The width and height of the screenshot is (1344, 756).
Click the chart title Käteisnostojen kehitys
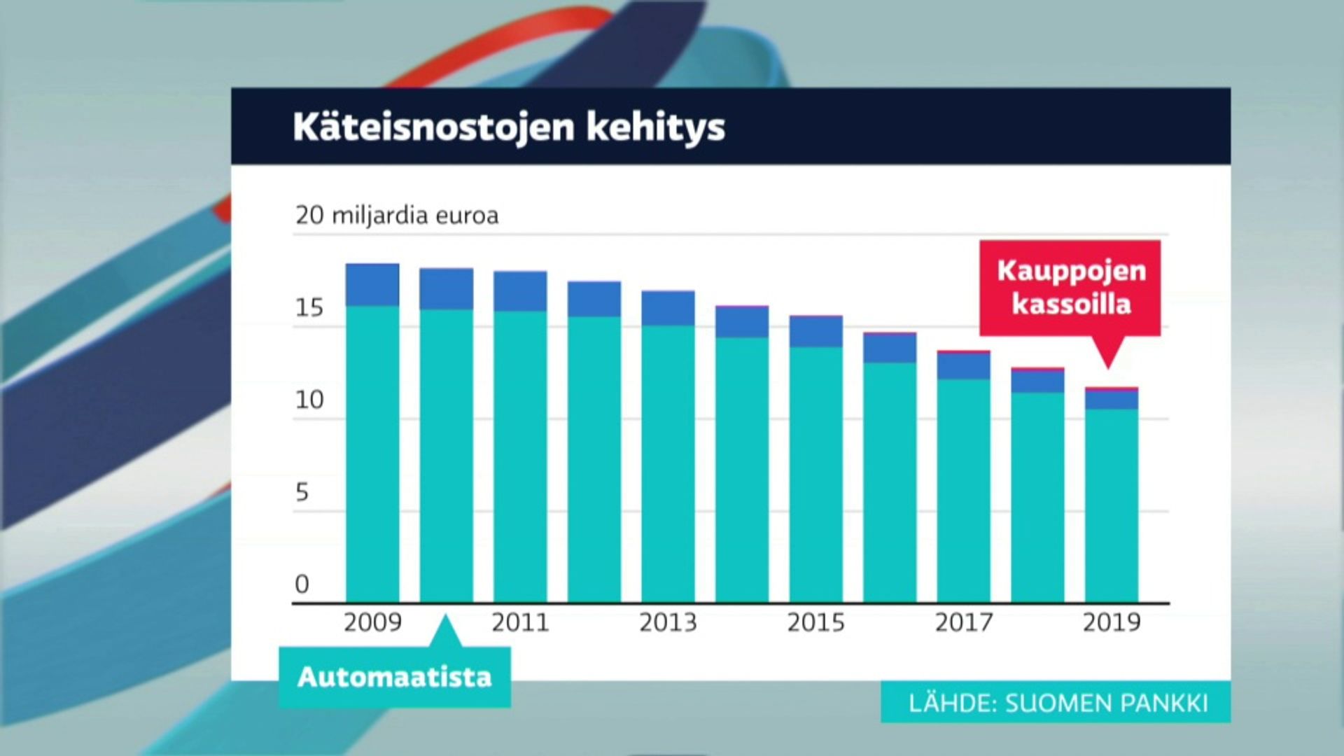(x=509, y=127)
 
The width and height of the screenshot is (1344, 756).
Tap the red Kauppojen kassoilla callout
(x=1070, y=288)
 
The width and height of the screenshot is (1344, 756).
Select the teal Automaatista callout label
(x=395, y=677)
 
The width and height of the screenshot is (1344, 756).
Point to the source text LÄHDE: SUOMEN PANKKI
(x=1058, y=703)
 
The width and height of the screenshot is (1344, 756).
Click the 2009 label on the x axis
(x=372, y=622)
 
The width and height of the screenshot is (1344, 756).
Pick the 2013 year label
(x=668, y=622)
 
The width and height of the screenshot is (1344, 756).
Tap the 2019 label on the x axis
(x=1112, y=622)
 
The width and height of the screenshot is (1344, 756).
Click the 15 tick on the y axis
(x=309, y=308)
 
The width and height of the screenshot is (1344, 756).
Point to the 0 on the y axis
(x=302, y=584)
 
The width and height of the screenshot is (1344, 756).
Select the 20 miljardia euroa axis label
(x=397, y=215)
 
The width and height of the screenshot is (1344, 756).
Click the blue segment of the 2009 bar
(x=372, y=285)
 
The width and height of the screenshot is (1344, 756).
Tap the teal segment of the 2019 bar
(x=1112, y=505)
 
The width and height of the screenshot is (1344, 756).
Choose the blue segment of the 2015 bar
(x=816, y=332)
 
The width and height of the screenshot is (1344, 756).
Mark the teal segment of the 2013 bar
(x=668, y=463)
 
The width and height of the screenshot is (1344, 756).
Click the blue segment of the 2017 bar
(x=964, y=365)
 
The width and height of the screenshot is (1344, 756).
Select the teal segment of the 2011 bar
(x=520, y=456)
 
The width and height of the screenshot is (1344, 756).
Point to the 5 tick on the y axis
(x=302, y=492)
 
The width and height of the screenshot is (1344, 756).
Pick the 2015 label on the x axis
(x=815, y=622)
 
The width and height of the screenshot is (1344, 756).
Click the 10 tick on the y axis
(x=309, y=400)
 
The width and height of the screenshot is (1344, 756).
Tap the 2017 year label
(x=964, y=622)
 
